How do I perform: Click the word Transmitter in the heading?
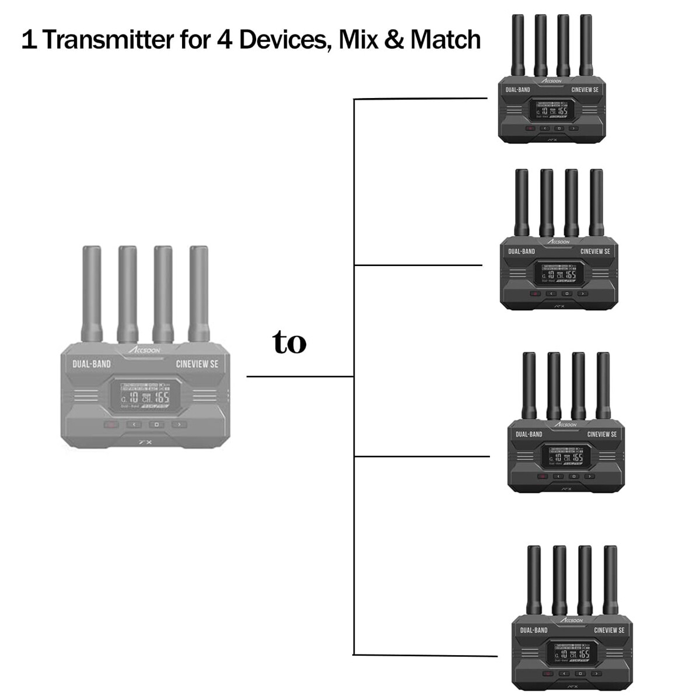[x=108, y=40]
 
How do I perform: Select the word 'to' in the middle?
[x=289, y=342]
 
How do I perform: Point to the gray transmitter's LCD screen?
[x=145, y=397]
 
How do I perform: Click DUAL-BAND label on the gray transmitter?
[x=92, y=364]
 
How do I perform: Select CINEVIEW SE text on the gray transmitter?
[x=197, y=364]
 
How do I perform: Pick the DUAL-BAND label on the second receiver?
[x=521, y=251]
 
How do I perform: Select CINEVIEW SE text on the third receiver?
[x=602, y=435]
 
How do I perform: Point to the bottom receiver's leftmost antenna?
[x=534, y=581]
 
